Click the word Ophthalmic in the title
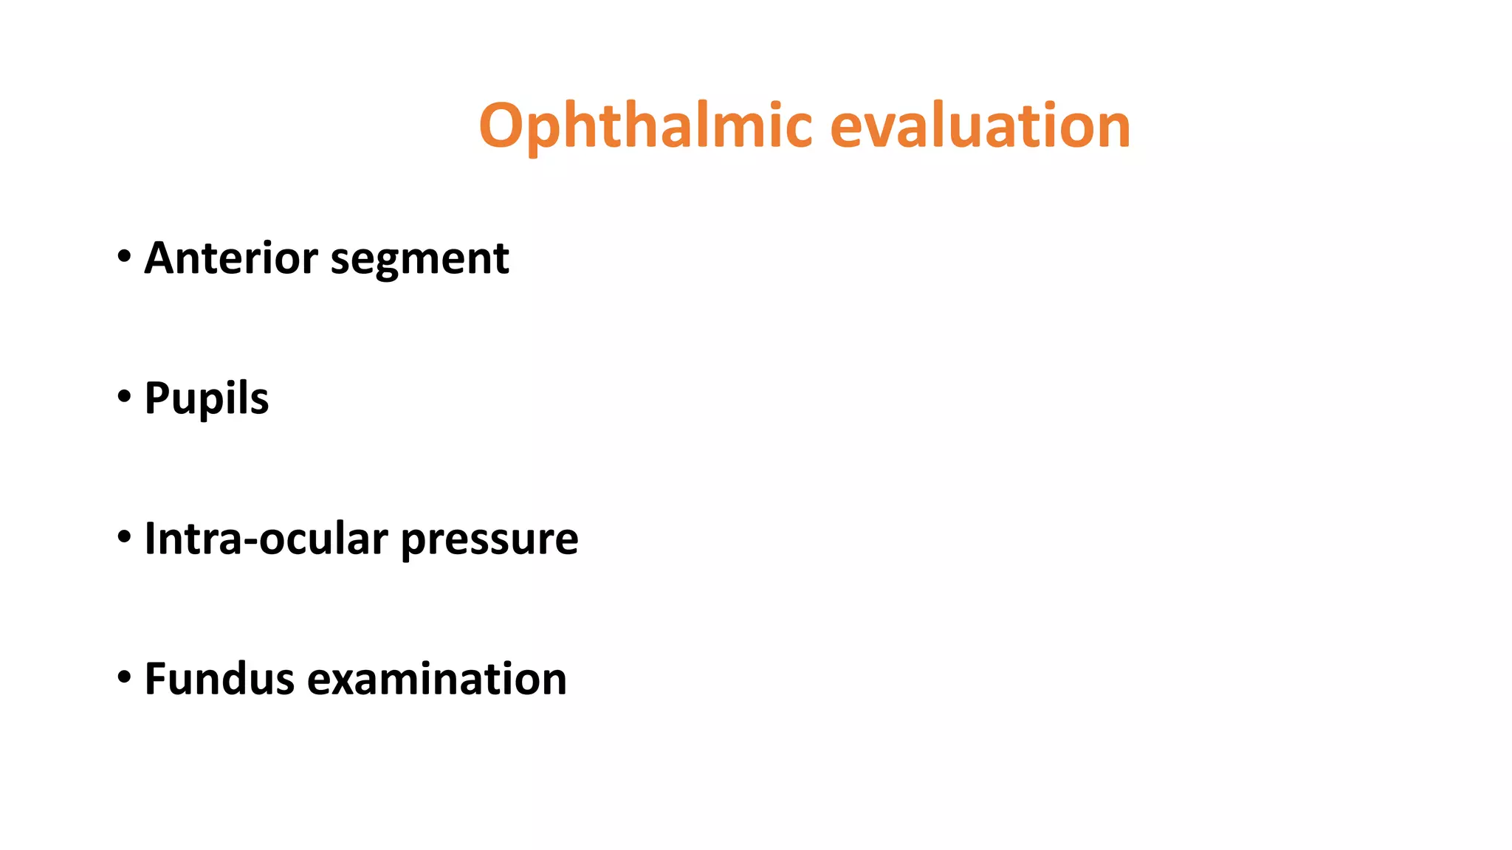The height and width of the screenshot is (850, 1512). [646, 126]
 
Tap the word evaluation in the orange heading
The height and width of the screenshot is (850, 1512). [980, 126]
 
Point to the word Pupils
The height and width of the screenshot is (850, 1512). [207, 399]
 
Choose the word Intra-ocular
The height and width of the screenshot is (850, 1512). [266, 539]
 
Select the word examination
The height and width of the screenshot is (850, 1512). [437, 679]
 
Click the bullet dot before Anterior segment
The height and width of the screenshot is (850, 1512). [124, 257]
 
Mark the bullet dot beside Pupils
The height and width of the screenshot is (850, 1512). [124, 397]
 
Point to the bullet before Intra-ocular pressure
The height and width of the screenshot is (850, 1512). [124, 537]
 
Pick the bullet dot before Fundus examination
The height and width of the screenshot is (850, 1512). [124, 677]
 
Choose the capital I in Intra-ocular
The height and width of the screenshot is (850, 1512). [150, 539]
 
